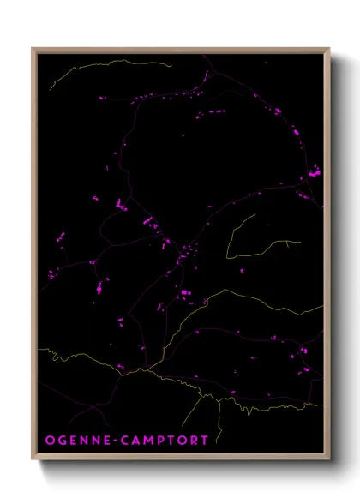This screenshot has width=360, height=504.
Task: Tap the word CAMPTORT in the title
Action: (165, 441)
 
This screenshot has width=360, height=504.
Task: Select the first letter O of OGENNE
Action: (50, 441)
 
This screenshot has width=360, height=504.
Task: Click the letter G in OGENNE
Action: (62, 441)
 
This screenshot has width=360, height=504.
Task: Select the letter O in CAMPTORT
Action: (183, 441)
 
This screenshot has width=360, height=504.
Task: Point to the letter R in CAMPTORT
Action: (195, 441)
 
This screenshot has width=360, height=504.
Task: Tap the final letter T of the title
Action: (205, 441)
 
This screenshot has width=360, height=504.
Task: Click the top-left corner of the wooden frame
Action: (33, 48)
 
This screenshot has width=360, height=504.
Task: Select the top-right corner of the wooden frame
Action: (330, 48)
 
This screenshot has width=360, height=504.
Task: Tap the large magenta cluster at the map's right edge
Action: (315, 173)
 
